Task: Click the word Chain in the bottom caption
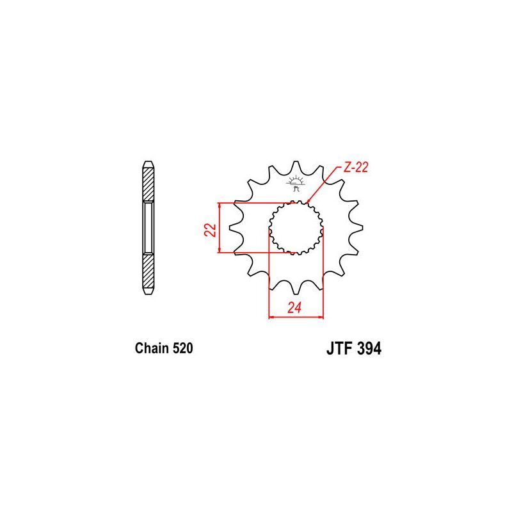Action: point(151,349)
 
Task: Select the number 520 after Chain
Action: point(182,349)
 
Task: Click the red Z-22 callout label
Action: point(355,168)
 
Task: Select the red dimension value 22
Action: point(209,230)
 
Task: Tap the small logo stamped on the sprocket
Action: point(295,184)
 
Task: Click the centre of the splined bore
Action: point(295,227)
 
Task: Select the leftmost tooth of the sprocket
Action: point(232,228)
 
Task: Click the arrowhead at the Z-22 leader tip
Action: point(310,201)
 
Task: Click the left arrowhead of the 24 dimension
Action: point(271,316)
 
